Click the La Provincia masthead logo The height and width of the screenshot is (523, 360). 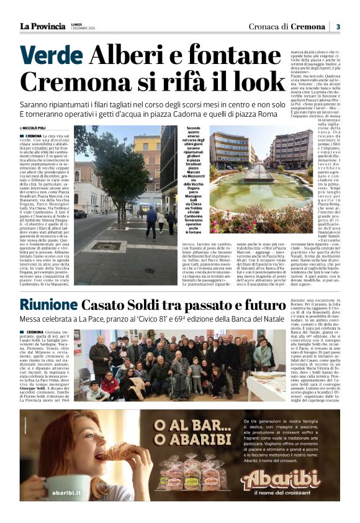tap(42, 26)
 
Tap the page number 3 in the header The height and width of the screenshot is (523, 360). tap(338, 26)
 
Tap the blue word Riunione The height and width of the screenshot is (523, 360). tap(48, 305)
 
